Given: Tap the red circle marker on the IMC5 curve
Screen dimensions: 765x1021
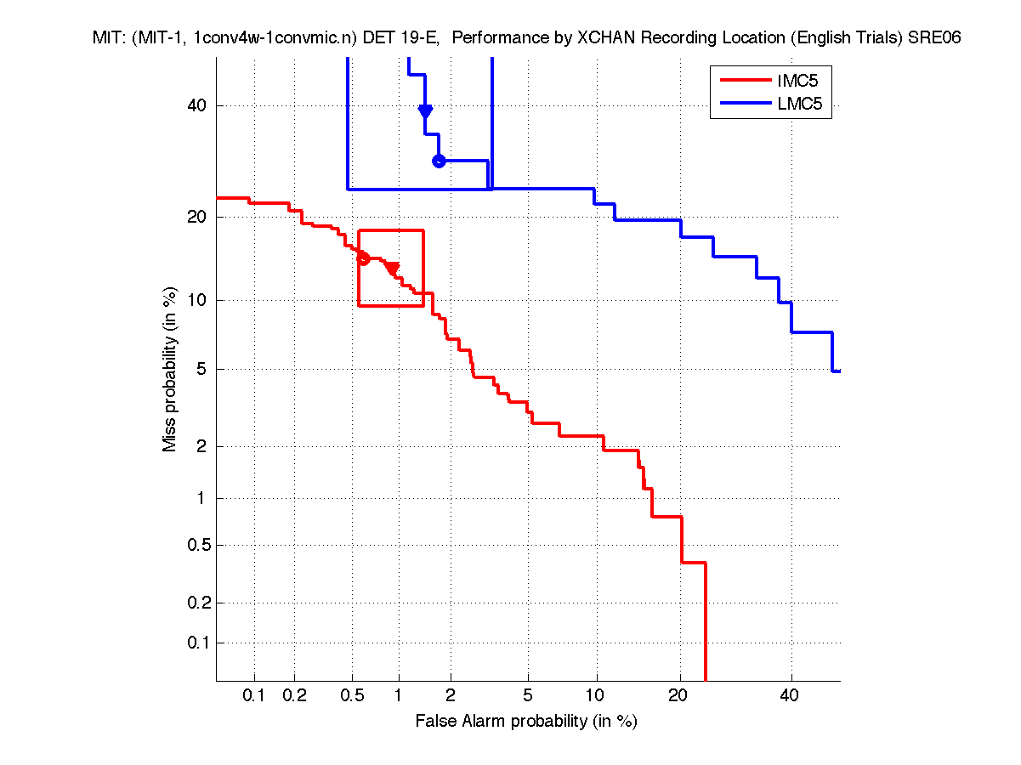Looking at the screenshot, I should click(x=363, y=258).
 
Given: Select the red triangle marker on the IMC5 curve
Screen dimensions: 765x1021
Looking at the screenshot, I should click(x=392, y=269).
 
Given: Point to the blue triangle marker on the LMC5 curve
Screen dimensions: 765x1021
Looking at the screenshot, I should click(x=425, y=111).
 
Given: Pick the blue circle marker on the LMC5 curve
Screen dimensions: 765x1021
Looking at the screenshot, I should click(x=439, y=161).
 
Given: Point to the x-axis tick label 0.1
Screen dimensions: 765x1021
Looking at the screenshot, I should click(x=254, y=696).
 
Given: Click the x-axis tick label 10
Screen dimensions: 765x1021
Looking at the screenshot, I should click(x=597, y=696).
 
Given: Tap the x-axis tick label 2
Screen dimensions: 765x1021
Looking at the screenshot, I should click(x=451, y=696).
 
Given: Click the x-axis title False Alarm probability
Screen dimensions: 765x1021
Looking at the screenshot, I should click(x=525, y=722).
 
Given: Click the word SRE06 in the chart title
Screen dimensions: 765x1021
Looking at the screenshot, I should click(x=934, y=38).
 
